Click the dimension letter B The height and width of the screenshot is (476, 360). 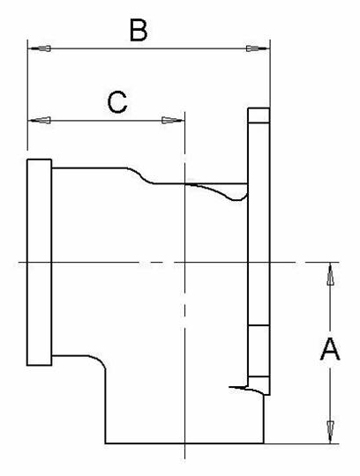point(139,30)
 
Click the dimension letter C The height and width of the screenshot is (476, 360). point(117,102)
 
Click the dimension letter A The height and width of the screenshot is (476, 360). point(330,349)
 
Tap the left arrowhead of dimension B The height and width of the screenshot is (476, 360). point(39,48)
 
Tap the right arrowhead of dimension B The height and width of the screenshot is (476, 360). point(258,48)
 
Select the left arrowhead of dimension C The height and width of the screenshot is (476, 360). point(39,121)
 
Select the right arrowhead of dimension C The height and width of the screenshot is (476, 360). point(173,121)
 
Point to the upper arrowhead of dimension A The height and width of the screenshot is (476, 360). point(331,274)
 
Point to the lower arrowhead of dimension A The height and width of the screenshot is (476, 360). point(331,432)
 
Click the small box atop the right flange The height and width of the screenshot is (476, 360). point(259,115)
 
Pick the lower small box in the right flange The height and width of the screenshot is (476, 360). point(259,351)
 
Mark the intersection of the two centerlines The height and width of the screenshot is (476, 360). point(184,262)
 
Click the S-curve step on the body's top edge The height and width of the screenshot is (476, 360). point(139,175)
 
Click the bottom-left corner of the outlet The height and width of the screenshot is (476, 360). point(105,443)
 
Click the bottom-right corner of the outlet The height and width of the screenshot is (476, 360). point(264,443)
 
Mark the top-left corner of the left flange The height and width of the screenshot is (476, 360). point(27,160)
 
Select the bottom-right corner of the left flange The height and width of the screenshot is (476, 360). point(52,365)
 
